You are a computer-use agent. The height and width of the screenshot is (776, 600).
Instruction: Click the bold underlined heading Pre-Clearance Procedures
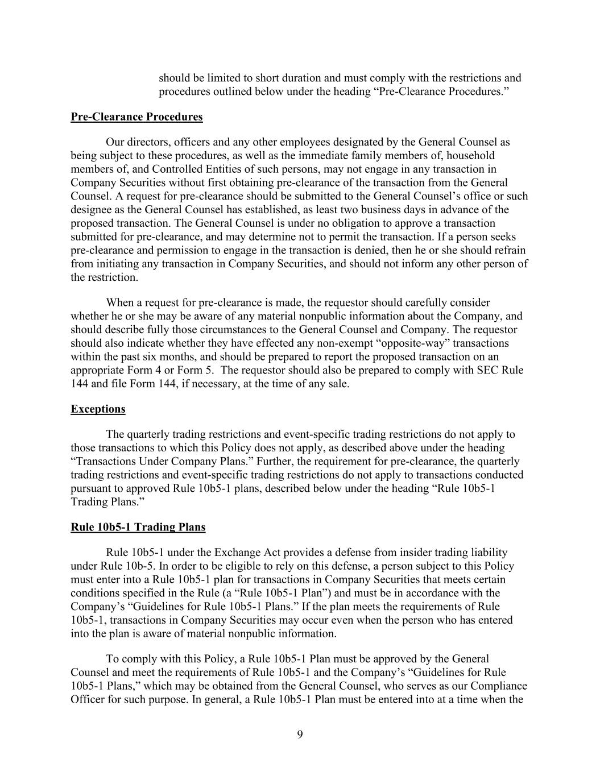point(136,117)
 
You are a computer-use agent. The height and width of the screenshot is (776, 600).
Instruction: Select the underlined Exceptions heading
point(98,409)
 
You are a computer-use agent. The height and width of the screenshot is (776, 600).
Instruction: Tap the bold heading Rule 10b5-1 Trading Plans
point(138,528)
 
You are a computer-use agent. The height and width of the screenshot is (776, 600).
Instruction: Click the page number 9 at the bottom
point(300,734)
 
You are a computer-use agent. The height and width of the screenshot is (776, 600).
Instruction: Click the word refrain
point(510,251)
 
